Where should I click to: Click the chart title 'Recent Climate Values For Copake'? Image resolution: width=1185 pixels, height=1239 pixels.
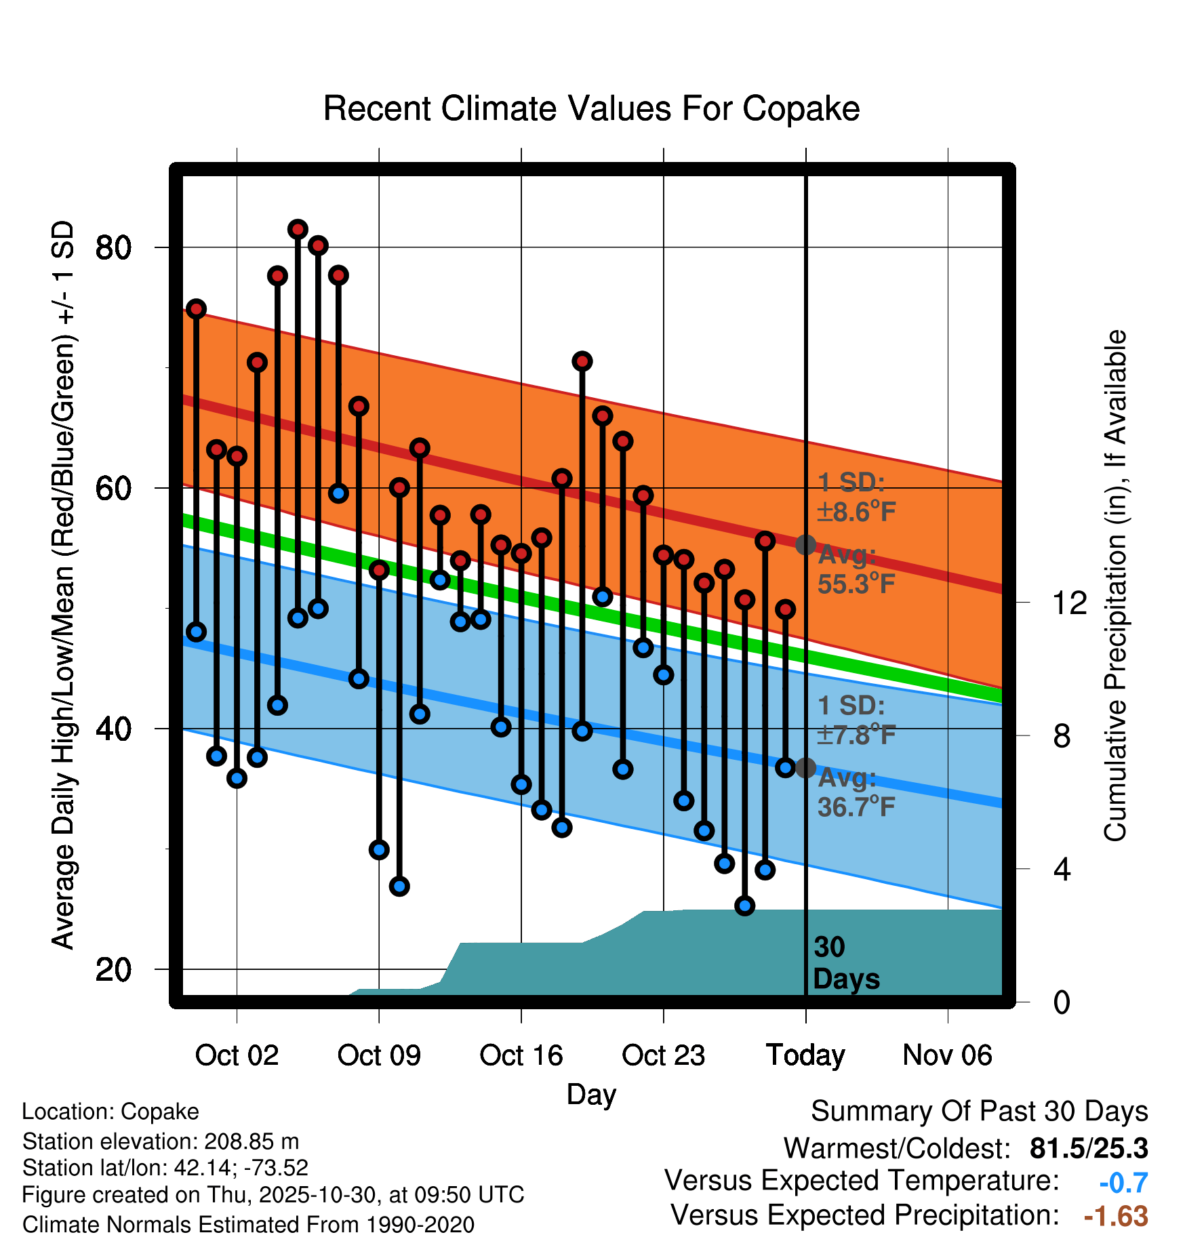coord(591,108)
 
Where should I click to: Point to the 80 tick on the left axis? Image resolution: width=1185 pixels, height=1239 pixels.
coord(113,248)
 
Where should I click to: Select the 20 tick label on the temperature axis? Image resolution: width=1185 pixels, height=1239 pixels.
coord(113,970)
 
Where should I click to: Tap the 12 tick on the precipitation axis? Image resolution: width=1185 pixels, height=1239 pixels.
coord(1070,603)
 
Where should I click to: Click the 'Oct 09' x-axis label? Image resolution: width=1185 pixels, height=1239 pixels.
coord(379,1055)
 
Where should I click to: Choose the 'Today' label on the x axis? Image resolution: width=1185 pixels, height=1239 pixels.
coord(805,1055)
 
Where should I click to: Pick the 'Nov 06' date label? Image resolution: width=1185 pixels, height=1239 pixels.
coord(947,1055)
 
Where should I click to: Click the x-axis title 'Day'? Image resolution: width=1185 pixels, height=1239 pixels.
coord(591,1095)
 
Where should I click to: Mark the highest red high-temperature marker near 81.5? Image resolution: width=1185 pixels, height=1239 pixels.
coord(298,230)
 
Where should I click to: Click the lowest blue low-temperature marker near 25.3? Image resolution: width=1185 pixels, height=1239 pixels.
coord(744,906)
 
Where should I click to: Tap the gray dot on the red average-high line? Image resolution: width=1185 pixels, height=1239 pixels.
coord(805,544)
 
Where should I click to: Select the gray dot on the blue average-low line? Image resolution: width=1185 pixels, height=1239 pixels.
coord(805,768)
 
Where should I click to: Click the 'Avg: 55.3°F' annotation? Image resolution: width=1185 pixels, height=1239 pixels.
coord(856,569)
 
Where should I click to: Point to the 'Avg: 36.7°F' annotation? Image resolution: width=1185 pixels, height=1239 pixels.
coord(856,792)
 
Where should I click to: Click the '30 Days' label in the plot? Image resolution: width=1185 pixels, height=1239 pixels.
coord(845,963)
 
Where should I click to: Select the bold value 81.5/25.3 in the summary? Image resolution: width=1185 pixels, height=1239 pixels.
coord(1088,1148)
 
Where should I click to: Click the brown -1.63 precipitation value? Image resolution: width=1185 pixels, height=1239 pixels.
coord(1116,1216)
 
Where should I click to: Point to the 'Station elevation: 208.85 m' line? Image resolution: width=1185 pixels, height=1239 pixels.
coord(161,1141)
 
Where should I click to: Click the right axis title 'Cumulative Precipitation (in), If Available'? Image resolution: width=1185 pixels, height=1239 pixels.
coord(1115,586)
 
